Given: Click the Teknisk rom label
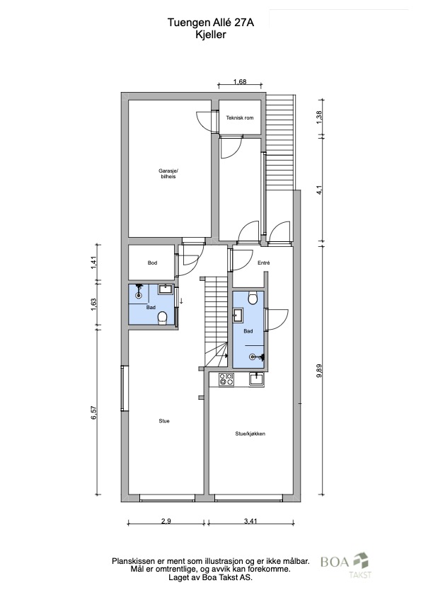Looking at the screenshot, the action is click(240, 117).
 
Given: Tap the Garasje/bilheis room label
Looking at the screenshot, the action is click(168, 173).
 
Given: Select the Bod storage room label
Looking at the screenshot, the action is click(152, 262).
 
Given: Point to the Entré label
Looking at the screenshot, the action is click(263, 262).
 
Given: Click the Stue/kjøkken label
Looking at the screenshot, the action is click(250, 434).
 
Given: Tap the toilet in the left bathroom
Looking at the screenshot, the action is click(163, 318).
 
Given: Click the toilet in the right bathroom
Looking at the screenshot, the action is click(253, 298).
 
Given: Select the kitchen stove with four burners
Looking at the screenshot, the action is click(226, 379).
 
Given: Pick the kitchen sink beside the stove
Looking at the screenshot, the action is click(257, 379).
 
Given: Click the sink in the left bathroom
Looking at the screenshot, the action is click(166, 289).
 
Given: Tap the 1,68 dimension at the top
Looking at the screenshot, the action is click(240, 81).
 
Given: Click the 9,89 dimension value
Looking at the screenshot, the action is click(319, 370).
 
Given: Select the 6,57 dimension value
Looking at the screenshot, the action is click(94, 412).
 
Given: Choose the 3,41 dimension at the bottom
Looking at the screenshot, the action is click(250, 521).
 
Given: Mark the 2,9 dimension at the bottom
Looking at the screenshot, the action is click(166, 521).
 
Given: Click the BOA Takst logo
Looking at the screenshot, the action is click(346, 565).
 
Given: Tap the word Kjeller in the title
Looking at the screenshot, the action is click(211, 35).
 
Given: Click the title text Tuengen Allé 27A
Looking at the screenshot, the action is click(211, 23).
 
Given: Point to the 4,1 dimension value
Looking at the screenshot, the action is click(319, 190).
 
